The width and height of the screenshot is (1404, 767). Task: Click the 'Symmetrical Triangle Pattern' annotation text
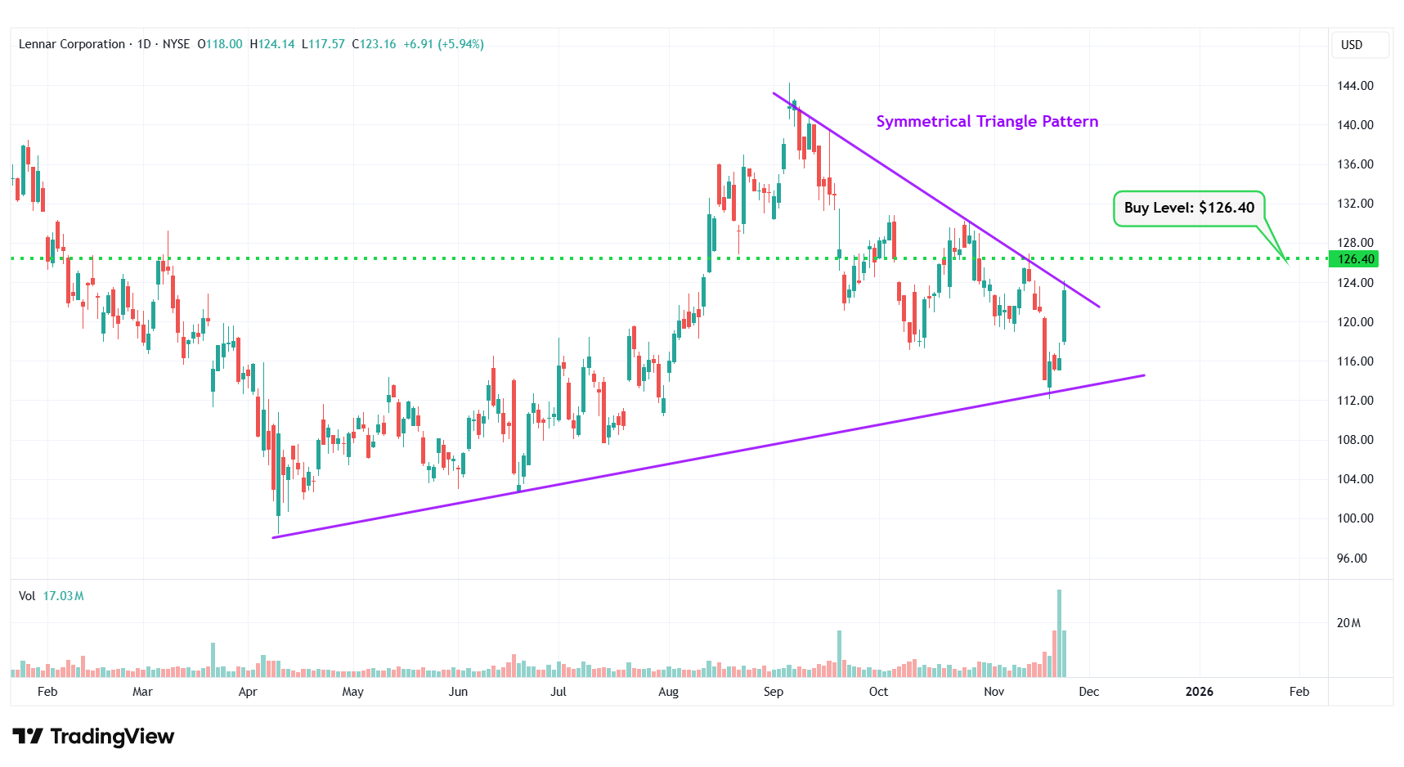(987, 121)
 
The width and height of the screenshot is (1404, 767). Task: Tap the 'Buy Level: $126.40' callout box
(1189, 208)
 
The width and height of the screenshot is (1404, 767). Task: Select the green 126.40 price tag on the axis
(1355, 259)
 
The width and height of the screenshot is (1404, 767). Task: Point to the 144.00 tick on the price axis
(1355, 85)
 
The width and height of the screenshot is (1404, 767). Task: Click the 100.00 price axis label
(1355, 518)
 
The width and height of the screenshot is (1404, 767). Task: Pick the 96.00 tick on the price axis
(1352, 558)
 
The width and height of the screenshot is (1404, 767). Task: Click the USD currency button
(1352, 45)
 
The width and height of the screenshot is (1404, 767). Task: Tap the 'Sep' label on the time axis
(773, 692)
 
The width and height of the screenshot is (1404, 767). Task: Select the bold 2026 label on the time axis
(1199, 692)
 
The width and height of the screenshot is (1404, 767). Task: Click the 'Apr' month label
(247, 692)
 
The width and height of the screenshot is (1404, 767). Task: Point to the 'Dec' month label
(1088, 692)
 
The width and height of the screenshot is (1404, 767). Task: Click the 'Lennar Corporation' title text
(72, 44)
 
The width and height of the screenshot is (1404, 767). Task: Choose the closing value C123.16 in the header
(374, 44)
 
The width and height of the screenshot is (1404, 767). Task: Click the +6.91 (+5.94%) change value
(443, 44)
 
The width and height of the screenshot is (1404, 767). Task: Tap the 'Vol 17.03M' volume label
(51, 596)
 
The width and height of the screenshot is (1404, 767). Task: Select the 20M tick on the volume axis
(1348, 623)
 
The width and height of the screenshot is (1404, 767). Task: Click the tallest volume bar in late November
(1059, 634)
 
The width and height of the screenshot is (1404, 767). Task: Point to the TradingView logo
(93, 737)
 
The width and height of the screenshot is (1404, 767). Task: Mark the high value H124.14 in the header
(271, 44)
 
